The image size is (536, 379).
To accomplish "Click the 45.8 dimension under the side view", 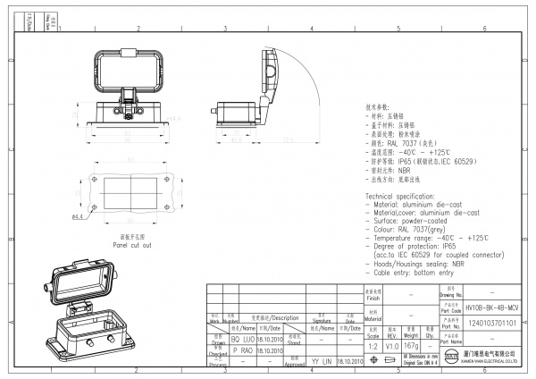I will (237, 140).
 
